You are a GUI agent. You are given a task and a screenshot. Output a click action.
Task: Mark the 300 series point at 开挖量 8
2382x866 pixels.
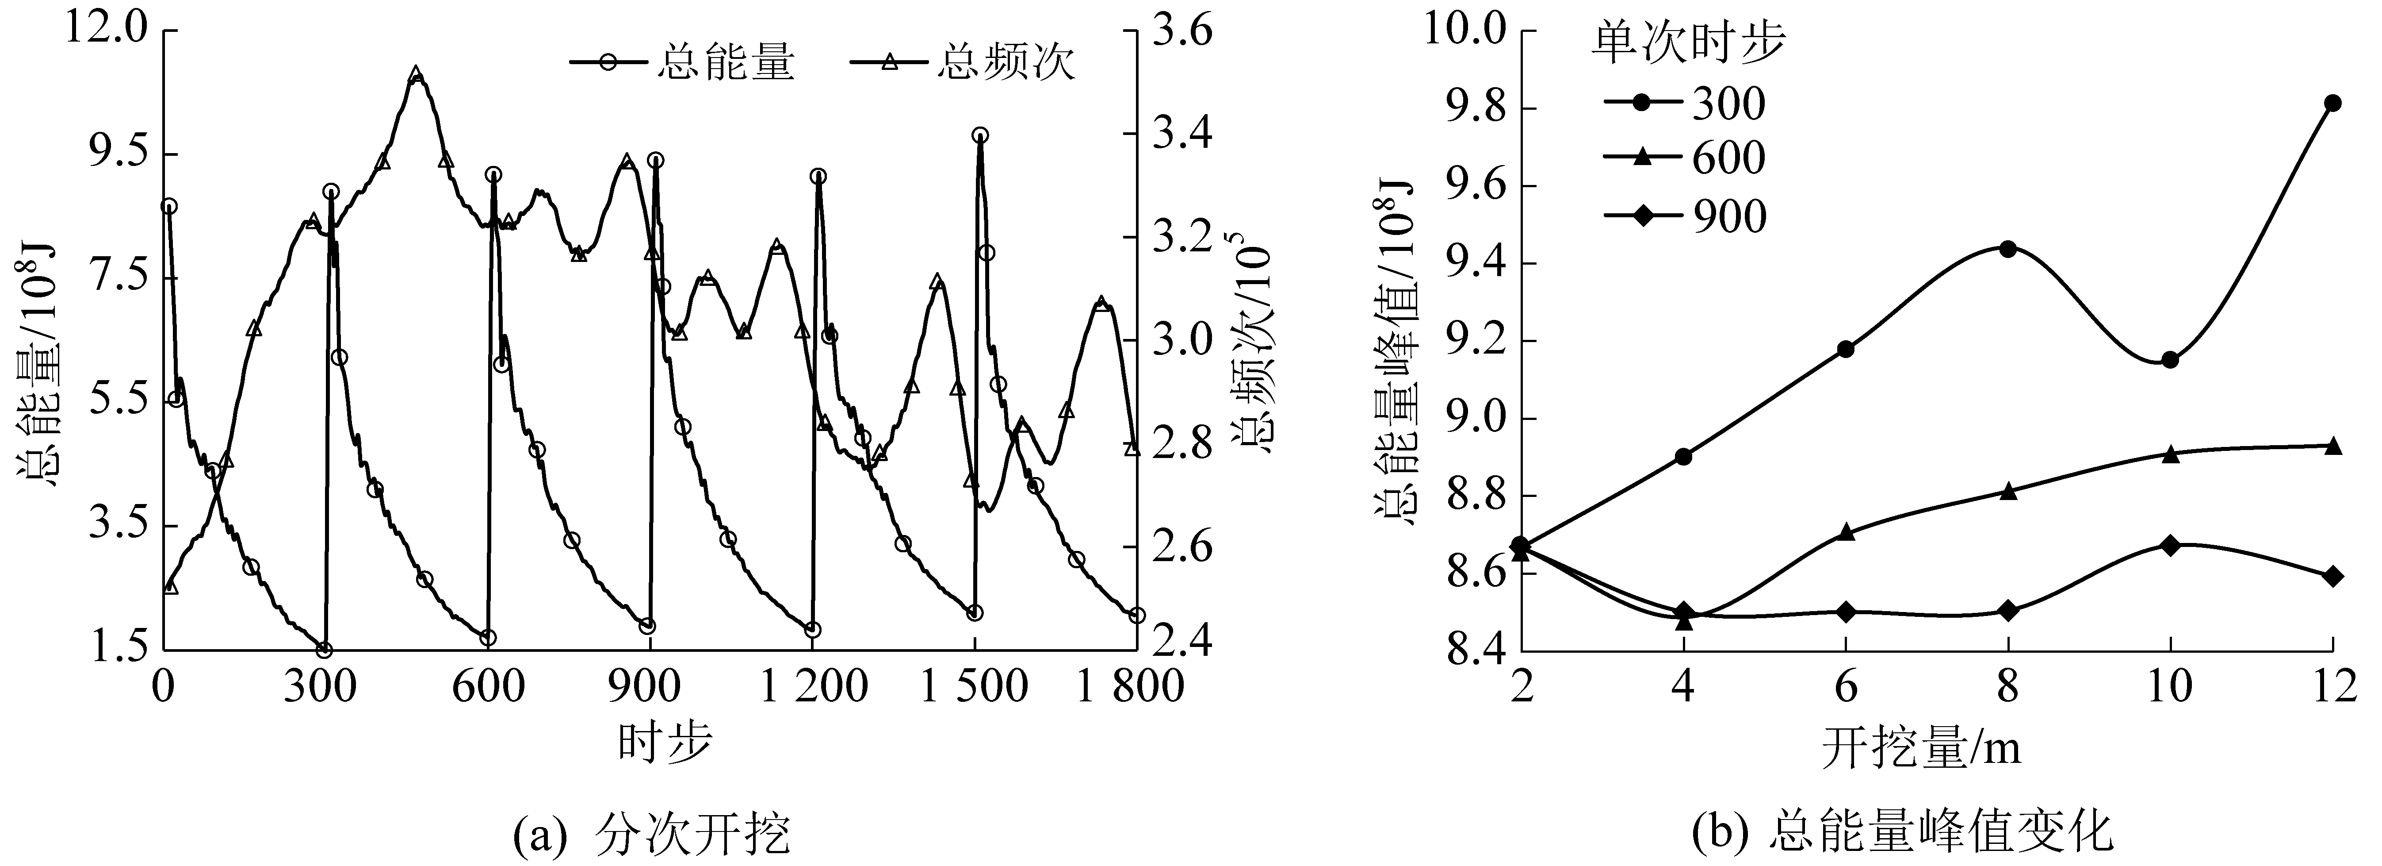click(2007, 249)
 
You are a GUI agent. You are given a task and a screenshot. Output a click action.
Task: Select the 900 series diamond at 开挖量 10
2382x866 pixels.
click(2170, 545)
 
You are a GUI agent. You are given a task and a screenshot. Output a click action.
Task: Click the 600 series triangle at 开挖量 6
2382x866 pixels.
click(1846, 532)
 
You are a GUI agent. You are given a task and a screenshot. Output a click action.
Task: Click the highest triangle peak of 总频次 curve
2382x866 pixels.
click(416, 74)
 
